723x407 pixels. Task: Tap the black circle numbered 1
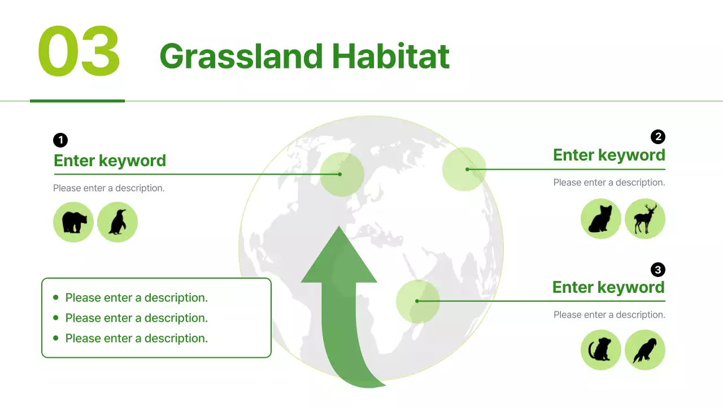pyautogui.click(x=60, y=140)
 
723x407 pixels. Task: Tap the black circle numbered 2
pyautogui.click(x=658, y=137)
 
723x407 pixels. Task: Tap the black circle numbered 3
pyautogui.click(x=658, y=270)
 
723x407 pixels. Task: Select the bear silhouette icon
pyautogui.click(x=73, y=222)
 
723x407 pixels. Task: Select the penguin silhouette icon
pyautogui.click(x=117, y=222)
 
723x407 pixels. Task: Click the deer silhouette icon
pyautogui.click(x=645, y=219)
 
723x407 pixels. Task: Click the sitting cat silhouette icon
pyautogui.click(x=601, y=219)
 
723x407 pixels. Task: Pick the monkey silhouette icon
pyautogui.click(x=601, y=350)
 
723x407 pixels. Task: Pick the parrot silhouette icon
pyautogui.click(x=645, y=350)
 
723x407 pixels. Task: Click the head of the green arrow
pyautogui.click(x=339, y=260)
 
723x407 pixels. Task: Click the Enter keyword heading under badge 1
pyautogui.click(x=110, y=161)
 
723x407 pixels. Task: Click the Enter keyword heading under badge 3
pyautogui.click(x=608, y=287)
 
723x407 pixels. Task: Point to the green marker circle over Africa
pyautogui.click(x=418, y=301)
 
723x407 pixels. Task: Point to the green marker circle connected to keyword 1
pyautogui.click(x=341, y=174)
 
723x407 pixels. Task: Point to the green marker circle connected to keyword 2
pyautogui.click(x=464, y=169)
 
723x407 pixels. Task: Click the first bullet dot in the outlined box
pyautogui.click(x=56, y=297)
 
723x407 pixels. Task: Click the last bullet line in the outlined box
pyautogui.click(x=136, y=338)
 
